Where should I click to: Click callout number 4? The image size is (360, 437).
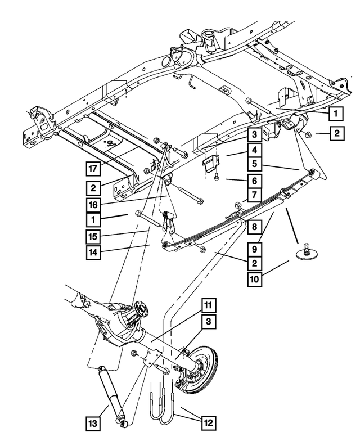tap(254, 150)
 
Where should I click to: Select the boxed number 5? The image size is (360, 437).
tap(254, 165)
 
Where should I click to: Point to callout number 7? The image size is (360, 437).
tap(254, 196)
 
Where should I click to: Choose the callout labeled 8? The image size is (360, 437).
tap(254, 227)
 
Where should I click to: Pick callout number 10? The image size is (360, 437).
tap(254, 277)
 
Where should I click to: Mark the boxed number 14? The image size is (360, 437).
tap(94, 252)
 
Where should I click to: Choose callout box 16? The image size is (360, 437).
tap(94, 202)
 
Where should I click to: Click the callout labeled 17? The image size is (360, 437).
tap(94, 167)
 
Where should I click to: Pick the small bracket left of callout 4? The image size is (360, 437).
tap(209, 165)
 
